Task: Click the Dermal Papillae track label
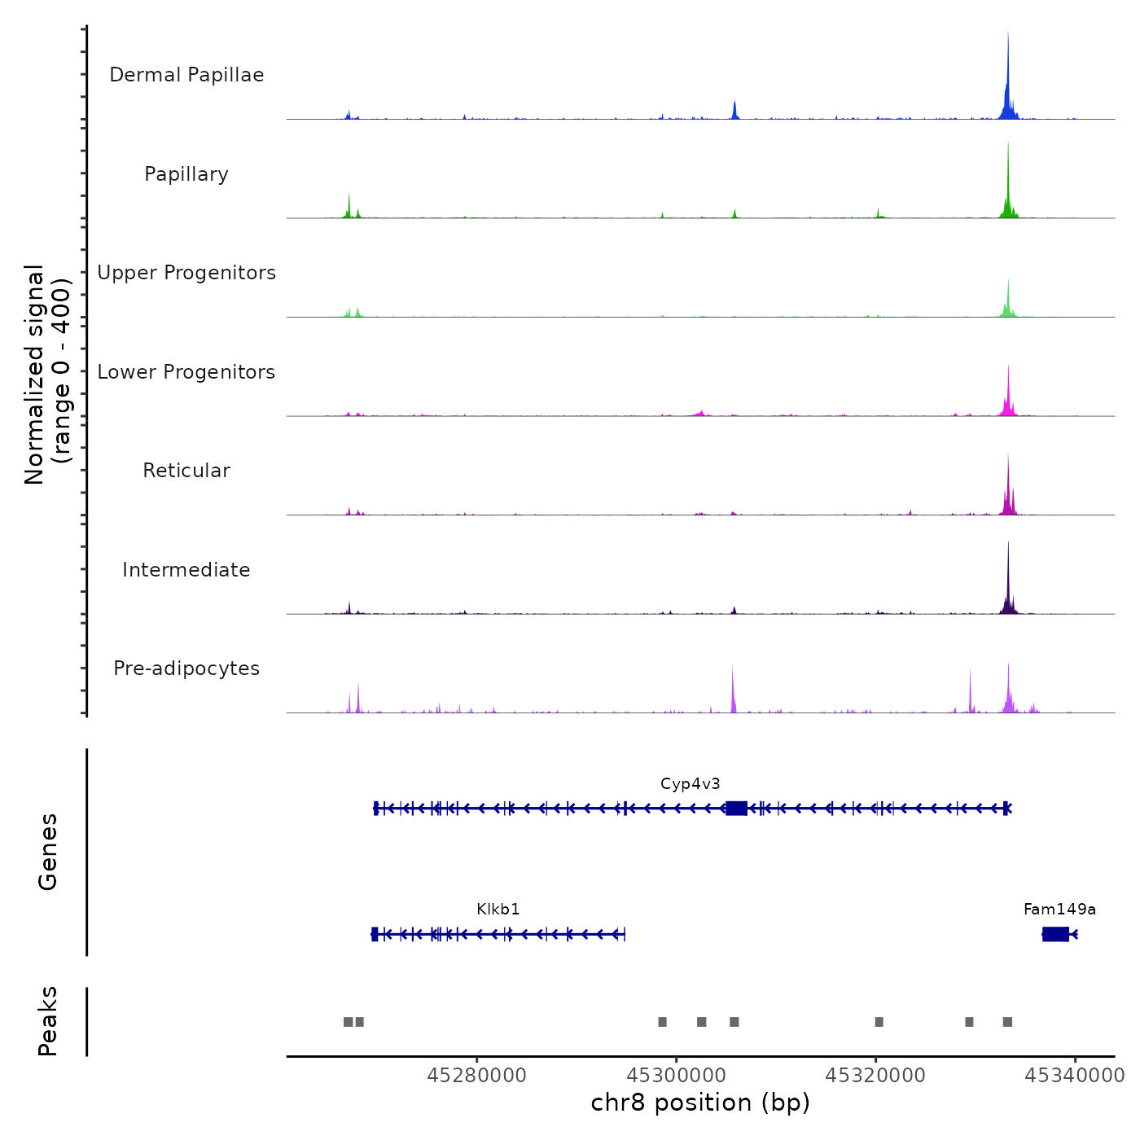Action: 186,75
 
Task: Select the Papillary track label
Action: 186,174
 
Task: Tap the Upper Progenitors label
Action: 186,273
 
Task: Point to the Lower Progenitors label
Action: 186,372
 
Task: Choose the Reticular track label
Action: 186,471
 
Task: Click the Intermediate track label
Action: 186,570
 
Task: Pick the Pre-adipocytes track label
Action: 186,669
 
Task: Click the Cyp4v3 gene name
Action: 691,784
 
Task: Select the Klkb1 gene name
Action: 498,910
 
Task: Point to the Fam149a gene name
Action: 1059,910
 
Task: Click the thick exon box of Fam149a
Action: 1055,934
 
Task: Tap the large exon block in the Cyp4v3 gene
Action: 736,808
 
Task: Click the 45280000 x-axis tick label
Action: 476,1076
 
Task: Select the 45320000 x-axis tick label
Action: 875,1076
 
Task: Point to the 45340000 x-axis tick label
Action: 1074,1076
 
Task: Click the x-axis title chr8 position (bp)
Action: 700,1103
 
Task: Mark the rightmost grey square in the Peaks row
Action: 1007,1022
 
